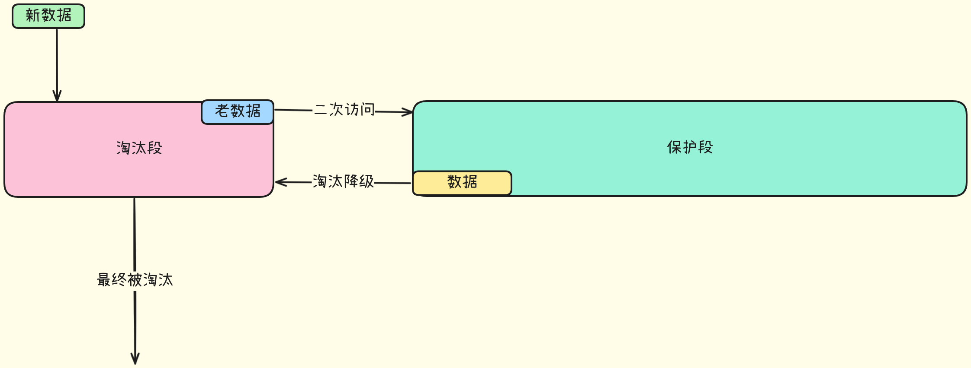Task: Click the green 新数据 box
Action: [x=48, y=16]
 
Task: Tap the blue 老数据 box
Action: [x=238, y=112]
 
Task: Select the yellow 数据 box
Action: [x=462, y=183]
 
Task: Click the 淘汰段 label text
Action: [x=139, y=148]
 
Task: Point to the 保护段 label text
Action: [x=690, y=147]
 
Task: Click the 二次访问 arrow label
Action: [x=344, y=110]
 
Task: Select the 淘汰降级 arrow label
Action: [x=343, y=181]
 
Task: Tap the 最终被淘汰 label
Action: [x=135, y=280]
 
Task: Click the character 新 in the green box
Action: [x=33, y=16]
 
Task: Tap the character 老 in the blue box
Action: [x=222, y=111]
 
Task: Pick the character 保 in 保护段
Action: [x=674, y=147]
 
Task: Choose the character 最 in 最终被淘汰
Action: [x=104, y=280]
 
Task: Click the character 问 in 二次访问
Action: [x=368, y=110]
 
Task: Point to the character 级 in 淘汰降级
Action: [x=367, y=181]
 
